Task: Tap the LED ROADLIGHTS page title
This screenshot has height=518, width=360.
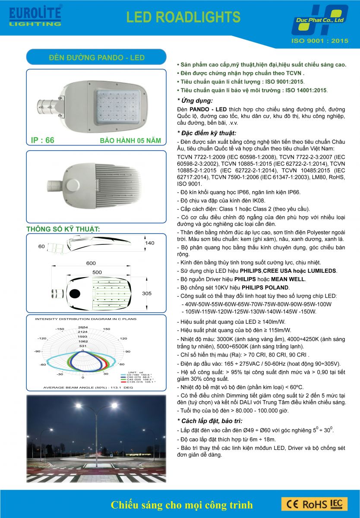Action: (x=183, y=17)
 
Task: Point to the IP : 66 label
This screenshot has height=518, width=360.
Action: (x=43, y=140)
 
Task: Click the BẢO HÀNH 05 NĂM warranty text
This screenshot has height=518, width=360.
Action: (x=130, y=141)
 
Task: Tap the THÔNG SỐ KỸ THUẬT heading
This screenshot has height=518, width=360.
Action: (x=63, y=229)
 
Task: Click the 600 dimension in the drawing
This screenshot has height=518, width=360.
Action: (x=91, y=263)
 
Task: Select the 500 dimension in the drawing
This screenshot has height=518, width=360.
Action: (x=98, y=272)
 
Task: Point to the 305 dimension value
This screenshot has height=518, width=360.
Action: (x=147, y=294)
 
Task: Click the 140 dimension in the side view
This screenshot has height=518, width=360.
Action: (x=149, y=243)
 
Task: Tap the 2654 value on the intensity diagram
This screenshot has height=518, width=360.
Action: (x=83, y=327)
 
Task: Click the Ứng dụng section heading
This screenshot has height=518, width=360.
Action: (x=195, y=101)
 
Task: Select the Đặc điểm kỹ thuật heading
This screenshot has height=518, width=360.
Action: (x=207, y=133)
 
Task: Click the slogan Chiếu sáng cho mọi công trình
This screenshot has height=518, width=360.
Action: (x=182, y=505)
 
